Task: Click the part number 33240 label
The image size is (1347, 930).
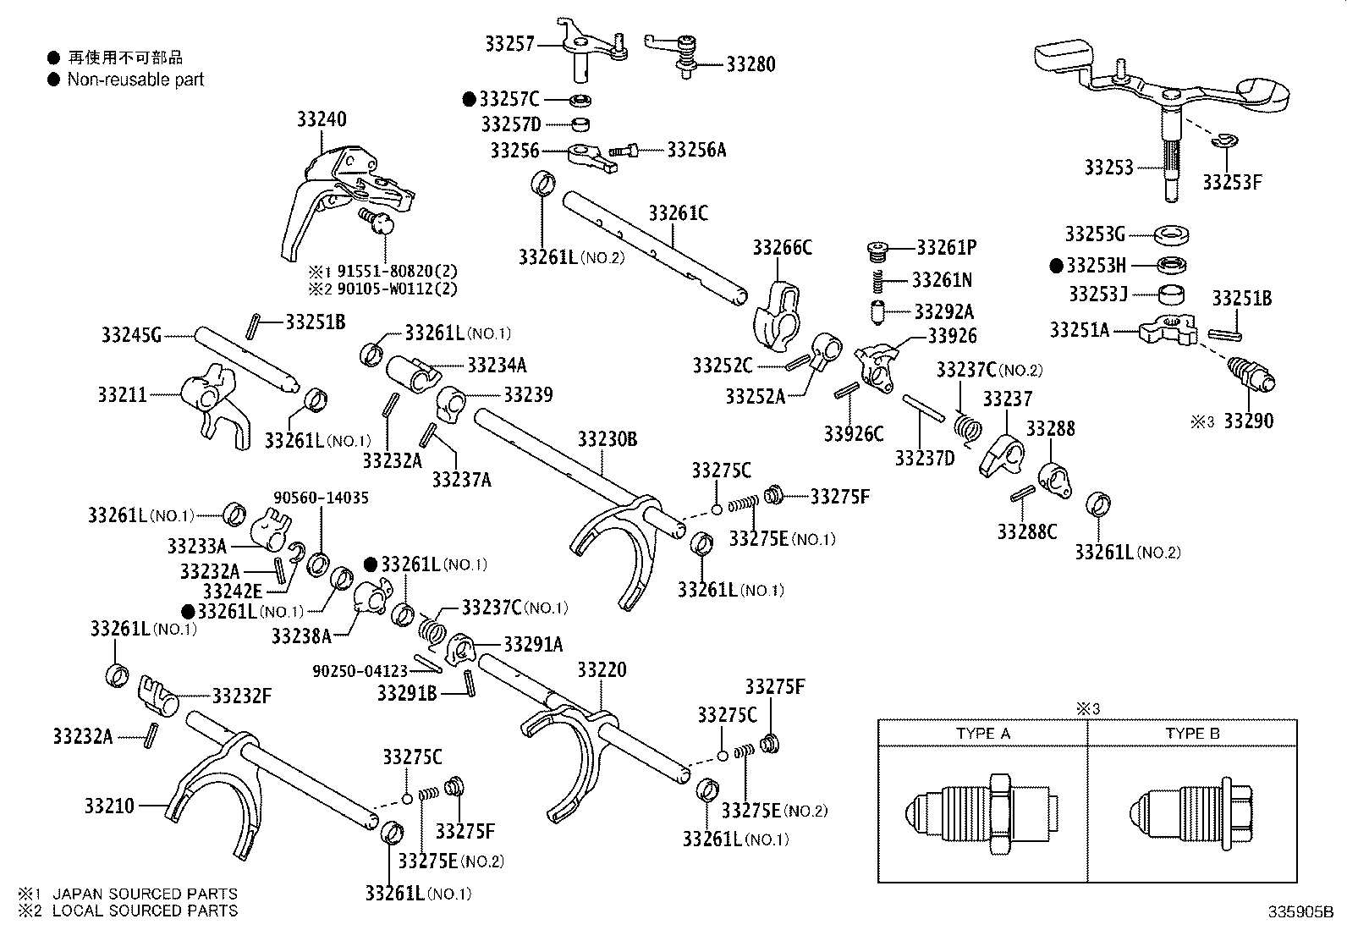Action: click(321, 119)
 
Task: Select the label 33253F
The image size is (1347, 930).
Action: click(1232, 183)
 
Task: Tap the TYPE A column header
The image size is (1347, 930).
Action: click(983, 734)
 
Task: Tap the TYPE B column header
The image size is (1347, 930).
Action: click(1192, 734)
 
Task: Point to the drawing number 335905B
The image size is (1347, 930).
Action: click(1300, 913)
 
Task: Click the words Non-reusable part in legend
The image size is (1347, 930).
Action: click(135, 80)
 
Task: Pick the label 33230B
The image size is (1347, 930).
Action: click(608, 439)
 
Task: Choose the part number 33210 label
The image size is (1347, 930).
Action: click(109, 806)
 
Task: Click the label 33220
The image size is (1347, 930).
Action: click(602, 670)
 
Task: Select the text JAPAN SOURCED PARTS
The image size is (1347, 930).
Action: click(145, 894)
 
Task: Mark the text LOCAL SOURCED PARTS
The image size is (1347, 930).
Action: click(145, 911)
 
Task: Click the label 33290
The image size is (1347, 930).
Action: click(1248, 421)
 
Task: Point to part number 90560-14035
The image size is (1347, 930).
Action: click(321, 498)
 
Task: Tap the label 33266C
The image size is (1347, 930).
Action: click(782, 247)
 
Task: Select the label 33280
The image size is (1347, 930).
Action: click(750, 64)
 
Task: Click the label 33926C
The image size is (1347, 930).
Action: click(854, 434)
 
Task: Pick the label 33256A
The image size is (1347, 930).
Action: click(696, 150)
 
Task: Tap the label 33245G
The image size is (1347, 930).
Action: click(131, 335)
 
